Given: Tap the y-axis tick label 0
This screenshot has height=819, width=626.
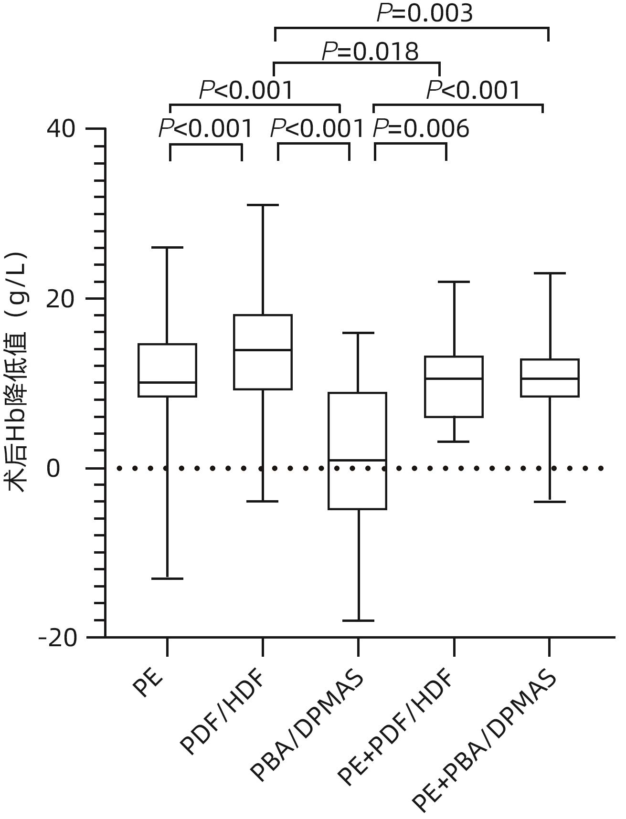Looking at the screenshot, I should [x=53, y=469].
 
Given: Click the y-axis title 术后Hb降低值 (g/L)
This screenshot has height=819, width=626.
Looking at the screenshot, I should [x=18, y=372].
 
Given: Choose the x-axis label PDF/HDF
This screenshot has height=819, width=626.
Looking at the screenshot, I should [x=223, y=711].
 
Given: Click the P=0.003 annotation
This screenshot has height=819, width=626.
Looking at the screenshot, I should [x=424, y=13].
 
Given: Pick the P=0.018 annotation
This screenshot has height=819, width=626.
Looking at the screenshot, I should [x=370, y=52].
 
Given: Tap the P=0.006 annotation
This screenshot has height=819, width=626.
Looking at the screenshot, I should [x=421, y=129].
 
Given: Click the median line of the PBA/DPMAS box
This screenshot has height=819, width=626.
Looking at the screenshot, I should [x=357, y=460].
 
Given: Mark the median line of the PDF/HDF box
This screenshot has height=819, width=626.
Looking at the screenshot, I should [x=263, y=350].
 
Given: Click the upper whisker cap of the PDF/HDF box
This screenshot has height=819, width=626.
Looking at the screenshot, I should [x=263, y=205].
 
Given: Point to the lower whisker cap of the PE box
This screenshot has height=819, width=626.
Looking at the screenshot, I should [x=167, y=578].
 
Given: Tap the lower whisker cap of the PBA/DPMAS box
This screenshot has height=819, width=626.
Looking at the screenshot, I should [x=358, y=620].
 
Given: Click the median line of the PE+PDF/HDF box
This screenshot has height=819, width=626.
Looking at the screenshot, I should [x=454, y=378].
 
